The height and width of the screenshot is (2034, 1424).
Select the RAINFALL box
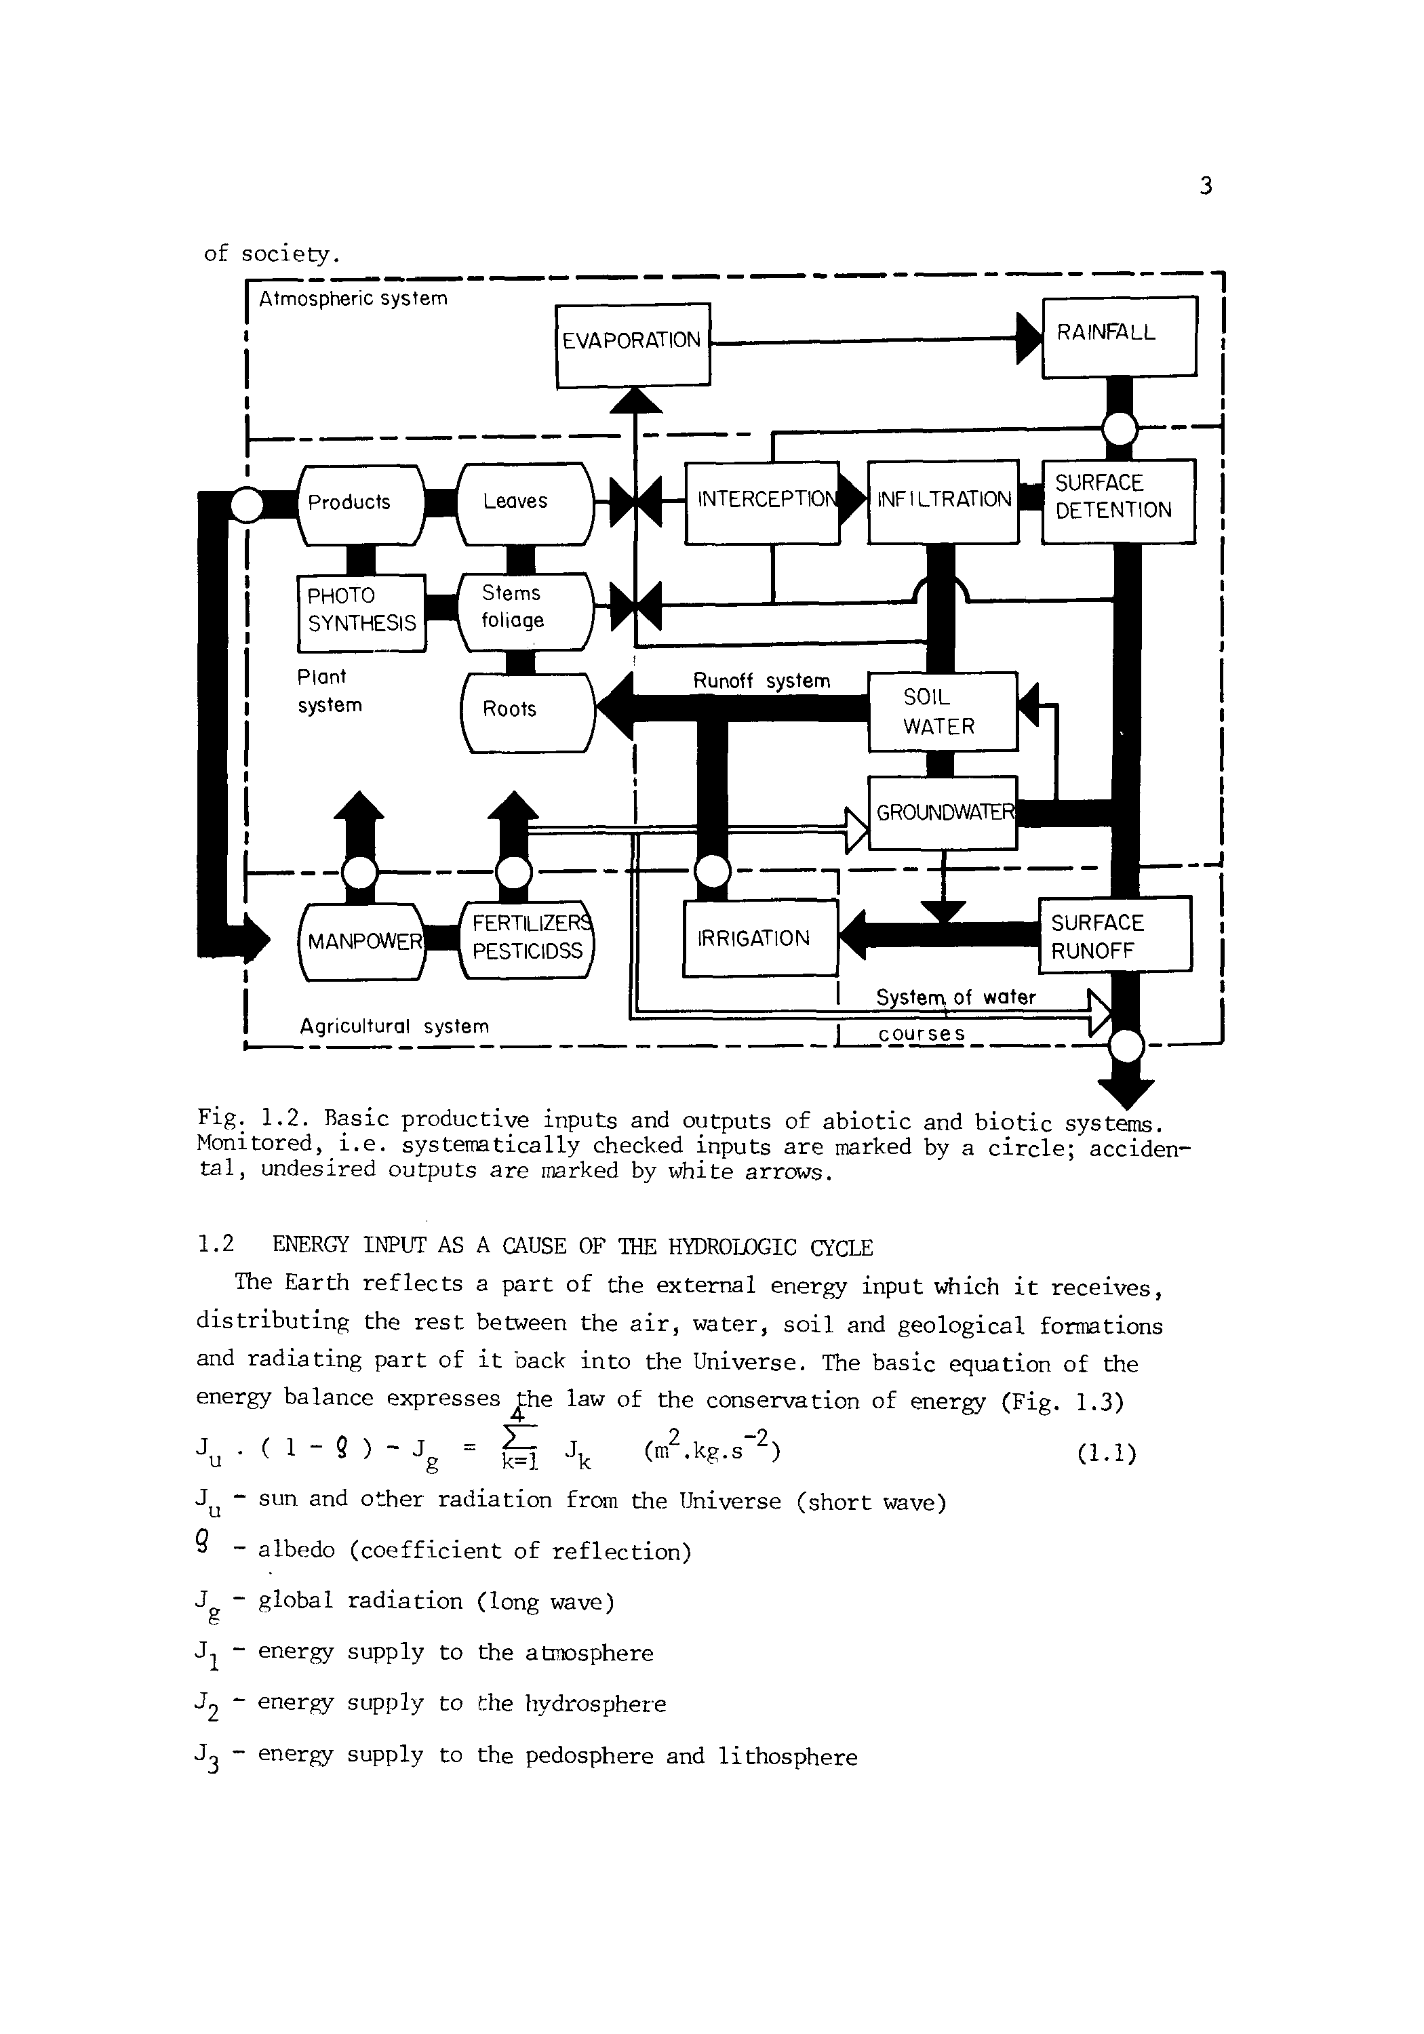click(1119, 336)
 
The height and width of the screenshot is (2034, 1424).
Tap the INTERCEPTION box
click(762, 502)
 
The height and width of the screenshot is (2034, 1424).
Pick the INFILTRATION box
click(943, 502)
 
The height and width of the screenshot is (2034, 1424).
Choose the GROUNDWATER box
click(943, 812)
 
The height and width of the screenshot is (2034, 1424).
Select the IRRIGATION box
click(759, 938)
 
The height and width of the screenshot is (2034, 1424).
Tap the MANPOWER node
click(361, 942)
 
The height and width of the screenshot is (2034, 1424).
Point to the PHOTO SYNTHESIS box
click(361, 612)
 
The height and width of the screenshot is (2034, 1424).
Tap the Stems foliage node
click(525, 610)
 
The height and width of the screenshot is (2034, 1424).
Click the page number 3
click(1204, 186)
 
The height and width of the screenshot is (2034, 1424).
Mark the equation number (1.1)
click(1106, 1454)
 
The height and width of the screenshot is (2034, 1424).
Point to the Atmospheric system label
click(353, 298)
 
